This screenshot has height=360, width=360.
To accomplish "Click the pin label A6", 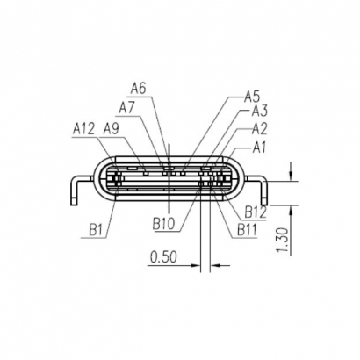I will pos(138,88).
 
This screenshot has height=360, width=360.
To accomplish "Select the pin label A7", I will pos(127,106).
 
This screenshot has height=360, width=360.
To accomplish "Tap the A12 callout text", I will pos(83,128).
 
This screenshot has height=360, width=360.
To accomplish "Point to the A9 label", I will pos(111,128).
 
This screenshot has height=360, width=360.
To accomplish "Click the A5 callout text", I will pos(252,96).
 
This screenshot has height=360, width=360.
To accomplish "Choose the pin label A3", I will pos(259,111).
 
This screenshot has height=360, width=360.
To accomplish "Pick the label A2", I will pos(259,128).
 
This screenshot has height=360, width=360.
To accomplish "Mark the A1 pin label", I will pos(259,147).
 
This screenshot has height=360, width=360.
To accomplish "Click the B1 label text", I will pos(97,231).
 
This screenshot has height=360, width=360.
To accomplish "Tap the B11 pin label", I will pos(248,230).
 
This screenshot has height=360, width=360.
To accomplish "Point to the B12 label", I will pos(256,212).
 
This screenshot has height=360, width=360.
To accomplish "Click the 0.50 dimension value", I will pos(162,257).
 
